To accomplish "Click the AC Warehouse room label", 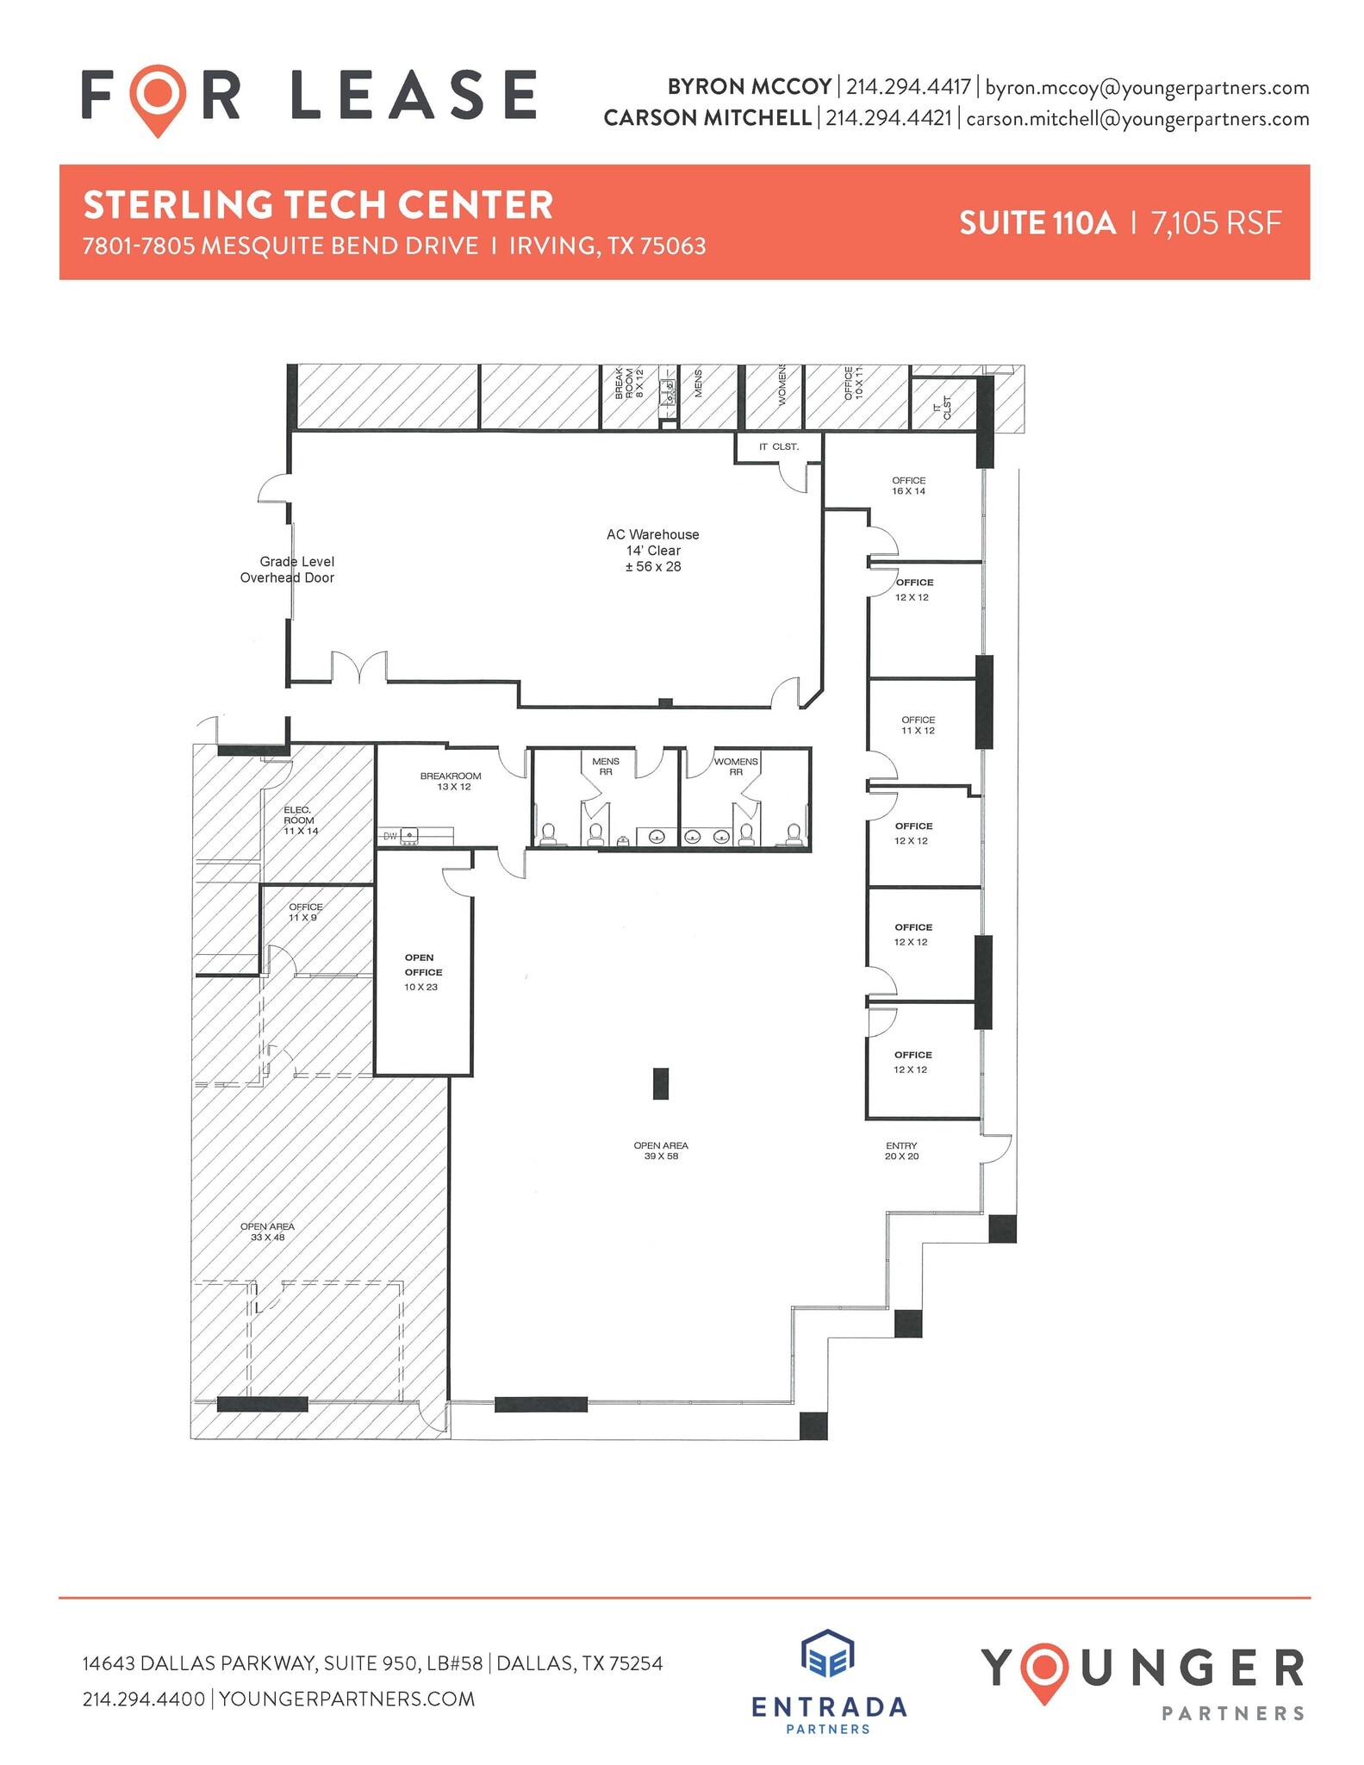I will tap(653, 550).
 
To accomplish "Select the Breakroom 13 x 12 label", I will tap(451, 781).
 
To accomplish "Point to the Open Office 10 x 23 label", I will tap(422, 972).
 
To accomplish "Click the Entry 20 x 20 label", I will tap(901, 1151).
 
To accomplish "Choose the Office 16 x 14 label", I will tap(908, 486).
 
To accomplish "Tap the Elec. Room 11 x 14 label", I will tap(300, 820).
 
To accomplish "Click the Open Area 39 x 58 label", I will tap(661, 1151).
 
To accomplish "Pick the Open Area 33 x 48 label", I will tap(267, 1232).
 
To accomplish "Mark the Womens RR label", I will tap(736, 766).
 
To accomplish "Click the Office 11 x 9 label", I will tap(305, 912).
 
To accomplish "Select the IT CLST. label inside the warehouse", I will tap(778, 446).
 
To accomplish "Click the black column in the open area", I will tap(661, 1083).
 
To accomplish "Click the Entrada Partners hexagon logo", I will tap(827, 1655).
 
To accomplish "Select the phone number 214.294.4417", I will tap(908, 87).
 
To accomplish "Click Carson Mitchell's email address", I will tap(1137, 119).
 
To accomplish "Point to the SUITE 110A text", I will tap(1037, 223).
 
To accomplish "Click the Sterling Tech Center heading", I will tap(318, 205).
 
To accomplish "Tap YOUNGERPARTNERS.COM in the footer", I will tap(347, 1699).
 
